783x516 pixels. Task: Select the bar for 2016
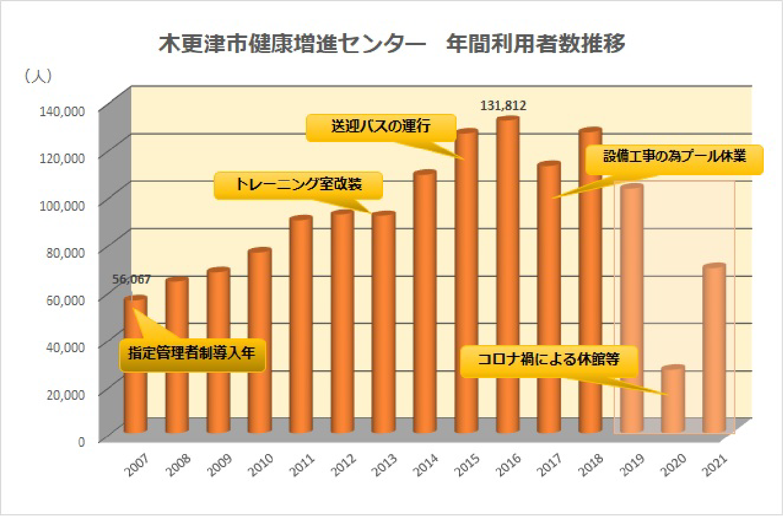tap(507, 277)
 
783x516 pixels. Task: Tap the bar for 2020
tap(673, 400)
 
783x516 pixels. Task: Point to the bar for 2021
tap(714, 349)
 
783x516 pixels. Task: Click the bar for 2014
tap(425, 301)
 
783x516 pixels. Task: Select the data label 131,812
tap(504, 107)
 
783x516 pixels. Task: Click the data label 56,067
tap(131, 279)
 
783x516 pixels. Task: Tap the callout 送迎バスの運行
tap(380, 128)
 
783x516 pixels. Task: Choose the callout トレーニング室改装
tap(299, 185)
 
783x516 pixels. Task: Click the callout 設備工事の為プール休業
tap(675, 158)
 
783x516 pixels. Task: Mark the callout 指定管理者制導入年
tap(192, 354)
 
